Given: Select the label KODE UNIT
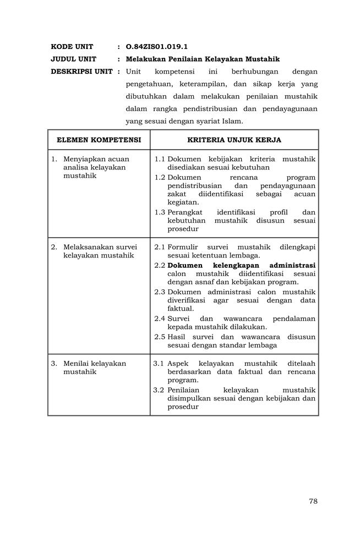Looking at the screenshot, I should pyautogui.click(x=72, y=47).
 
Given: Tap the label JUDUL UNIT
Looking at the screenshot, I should pyautogui.click(x=73, y=59).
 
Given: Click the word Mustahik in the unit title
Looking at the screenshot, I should pyautogui.click(x=261, y=59).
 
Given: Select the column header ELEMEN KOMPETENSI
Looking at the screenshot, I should pyautogui.click(x=99, y=140).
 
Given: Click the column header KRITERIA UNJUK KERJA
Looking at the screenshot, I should pyautogui.click(x=234, y=140).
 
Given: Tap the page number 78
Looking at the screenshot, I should pyautogui.click(x=313, y=501).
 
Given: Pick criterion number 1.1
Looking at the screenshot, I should pyautogui.click(x=160, y=159).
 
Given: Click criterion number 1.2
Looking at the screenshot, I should pyautogui.click(x=160, y=178).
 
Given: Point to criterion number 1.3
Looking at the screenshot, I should pyautogui.click(x=160, y=212).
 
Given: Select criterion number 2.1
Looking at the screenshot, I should pyautogui.click(x=160, y=247).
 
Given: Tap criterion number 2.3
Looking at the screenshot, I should pyautogui.click(x=160, y=291).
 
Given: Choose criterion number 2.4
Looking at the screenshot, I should pyautogui.click(x=160, y=318).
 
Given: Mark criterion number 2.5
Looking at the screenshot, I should pyautogui.click(x=160, y=337).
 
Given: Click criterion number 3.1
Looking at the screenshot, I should pyautogui.click(x=160, y=364).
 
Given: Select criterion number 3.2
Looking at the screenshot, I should pyautogui.click(x=160, y=389).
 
